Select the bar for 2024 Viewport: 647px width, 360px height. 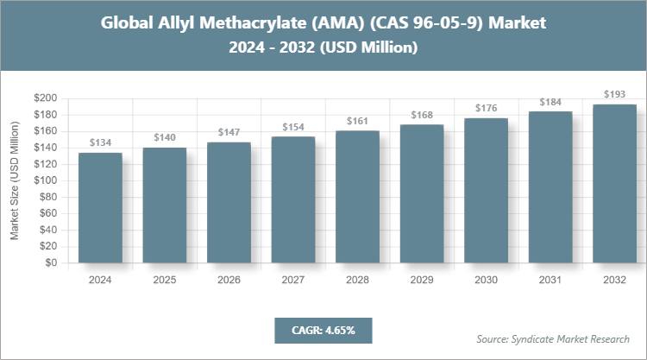pyautogui.click(x=100, y=207)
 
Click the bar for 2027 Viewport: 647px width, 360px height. pyautogui.click(x=293, y=199)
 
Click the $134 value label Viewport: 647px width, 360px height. pyautogui.click(x=100, y=142)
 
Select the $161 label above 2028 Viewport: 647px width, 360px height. pyautogui.click(x=357, y=121)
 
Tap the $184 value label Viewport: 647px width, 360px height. pyautogui.click(x=550, y=102)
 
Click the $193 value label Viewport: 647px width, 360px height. pyautogui.click(x=615, y=94)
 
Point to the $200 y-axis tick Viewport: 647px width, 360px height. pyautogui.click(x=45, y=98)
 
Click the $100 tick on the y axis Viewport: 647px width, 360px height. pyautogui.click(x=45, y=180)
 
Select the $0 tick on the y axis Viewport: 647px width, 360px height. pyautogui.click(x=51, y=263)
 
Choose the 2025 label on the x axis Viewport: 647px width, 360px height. pyautogui.click(x=164, y=280)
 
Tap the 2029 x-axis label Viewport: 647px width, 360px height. pyautogui.click(x=422, y=280)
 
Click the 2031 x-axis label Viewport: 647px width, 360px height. pyautogui.click(x=550, y=280)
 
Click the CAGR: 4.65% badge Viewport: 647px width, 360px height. pyautogui.click(x=323, y=330)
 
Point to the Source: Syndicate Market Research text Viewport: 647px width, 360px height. pyautogui.click(x=553, y=338)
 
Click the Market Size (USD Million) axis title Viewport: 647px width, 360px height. pyautogui.click(x=15, y=181)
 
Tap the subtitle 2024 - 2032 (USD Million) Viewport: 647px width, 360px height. pyautogui.click(x=323, y=48)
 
